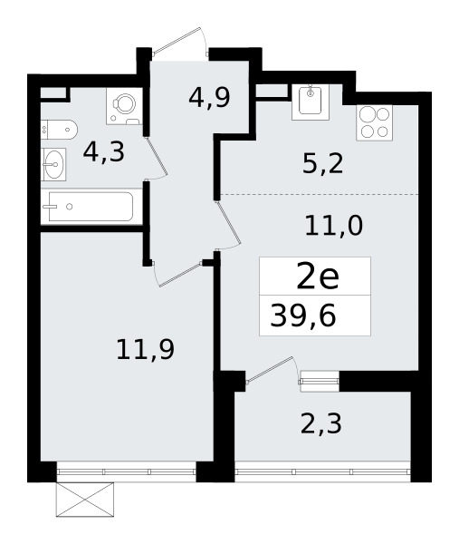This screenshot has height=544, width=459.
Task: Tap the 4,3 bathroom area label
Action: (x=103, y=151)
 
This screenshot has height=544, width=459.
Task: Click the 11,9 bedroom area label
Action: (x=144, y=347)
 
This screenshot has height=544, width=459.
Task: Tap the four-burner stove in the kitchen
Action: (x=375, y=123)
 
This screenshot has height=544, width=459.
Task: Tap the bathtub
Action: (x=87, y=207)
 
